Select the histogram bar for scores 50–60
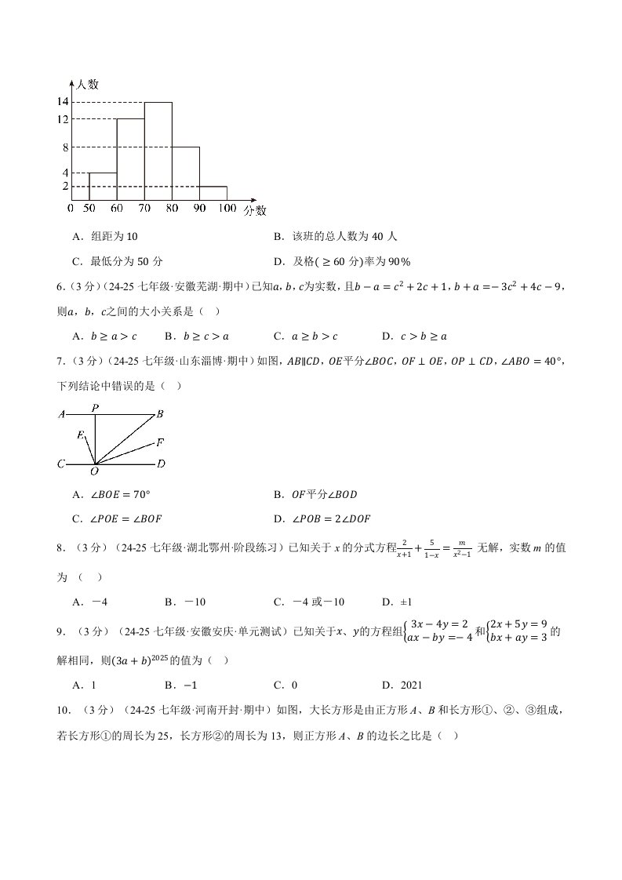[x=103, y=187]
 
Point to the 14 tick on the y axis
[x=63, y=102]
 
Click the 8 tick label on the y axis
[x=65, y=147]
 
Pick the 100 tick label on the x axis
[x=227, y=209]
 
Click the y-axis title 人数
[x=87, y=83]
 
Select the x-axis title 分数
[x=254, y=210]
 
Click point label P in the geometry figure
[x=95, y=407]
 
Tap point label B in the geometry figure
[x=159, y=413]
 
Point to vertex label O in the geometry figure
[x=94, y=471]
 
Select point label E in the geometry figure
[x=80, y=435]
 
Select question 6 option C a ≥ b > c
[x=305, y=336]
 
